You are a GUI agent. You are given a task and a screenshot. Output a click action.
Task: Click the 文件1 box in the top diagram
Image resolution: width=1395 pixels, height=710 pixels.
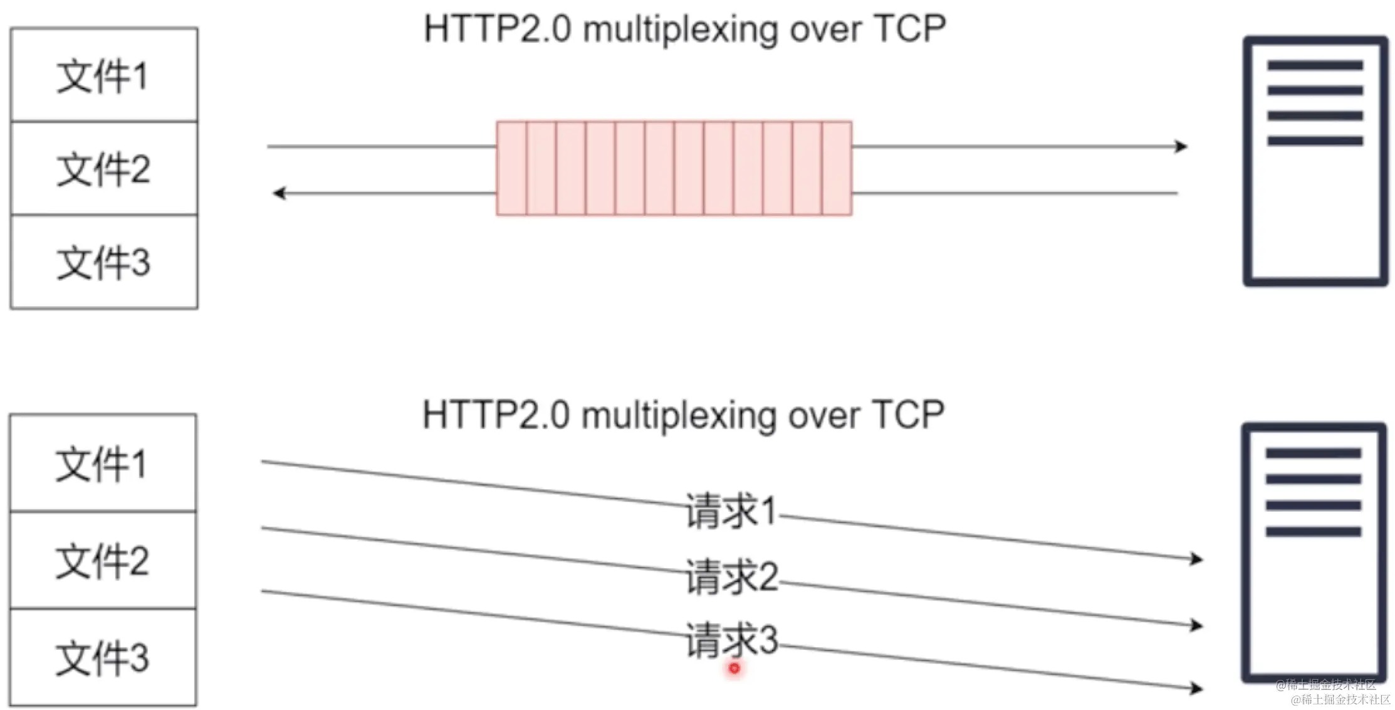coord(104,75)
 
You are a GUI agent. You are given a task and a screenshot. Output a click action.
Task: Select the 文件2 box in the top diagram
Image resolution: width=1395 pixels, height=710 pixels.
coord(104,169)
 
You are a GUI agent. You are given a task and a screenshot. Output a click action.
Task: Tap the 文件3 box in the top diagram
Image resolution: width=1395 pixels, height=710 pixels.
coord(104,262)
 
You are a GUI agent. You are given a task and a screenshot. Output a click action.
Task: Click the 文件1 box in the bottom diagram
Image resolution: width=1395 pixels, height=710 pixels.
coord(103,464)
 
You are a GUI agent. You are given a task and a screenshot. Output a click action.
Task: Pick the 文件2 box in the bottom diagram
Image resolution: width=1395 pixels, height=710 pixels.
coord(103,560)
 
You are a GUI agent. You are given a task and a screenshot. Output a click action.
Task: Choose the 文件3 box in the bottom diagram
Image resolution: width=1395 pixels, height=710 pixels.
coord(103,657)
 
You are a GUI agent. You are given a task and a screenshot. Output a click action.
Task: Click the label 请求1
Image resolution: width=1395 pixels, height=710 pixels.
coord(731,511)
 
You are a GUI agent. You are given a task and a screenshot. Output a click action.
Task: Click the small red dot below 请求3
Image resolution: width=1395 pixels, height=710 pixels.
coord(734,669)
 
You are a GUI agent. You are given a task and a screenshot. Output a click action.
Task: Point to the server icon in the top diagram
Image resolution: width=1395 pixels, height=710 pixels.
coord(1315,161)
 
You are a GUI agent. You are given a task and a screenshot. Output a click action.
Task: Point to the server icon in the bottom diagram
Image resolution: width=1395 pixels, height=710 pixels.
coord(1314,553)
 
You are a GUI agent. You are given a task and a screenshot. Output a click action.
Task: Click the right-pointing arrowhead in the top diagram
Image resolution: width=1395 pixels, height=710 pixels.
coord(1181,146)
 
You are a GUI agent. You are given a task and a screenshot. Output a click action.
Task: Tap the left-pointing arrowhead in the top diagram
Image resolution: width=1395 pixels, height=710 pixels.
coord(279,193)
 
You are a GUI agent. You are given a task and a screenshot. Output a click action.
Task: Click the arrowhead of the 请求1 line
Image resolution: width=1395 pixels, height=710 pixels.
coord(1196,559)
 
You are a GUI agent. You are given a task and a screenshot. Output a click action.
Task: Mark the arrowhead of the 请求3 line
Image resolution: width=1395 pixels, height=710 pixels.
coord(1196,688)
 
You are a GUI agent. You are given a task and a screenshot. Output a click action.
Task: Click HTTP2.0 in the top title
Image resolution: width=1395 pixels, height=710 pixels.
coord(498,29)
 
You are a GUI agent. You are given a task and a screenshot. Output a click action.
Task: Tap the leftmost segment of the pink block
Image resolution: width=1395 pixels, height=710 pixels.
coord(511,168)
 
